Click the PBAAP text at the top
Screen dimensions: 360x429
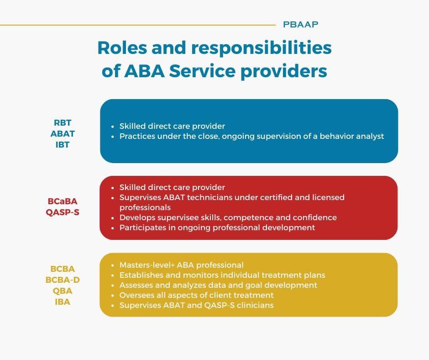300,25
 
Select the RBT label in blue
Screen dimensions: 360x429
63,123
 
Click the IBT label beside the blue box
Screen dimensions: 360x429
63,145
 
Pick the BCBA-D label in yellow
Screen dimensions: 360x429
63,280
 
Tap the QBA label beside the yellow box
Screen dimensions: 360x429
63,291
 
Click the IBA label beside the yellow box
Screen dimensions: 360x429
63,302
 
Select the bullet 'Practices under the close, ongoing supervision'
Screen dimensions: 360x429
251,136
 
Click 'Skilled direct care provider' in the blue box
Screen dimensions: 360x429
172,126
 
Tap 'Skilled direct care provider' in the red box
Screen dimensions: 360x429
172,187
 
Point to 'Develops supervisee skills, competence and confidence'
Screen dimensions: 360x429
228,217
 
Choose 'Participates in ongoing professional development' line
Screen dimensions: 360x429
217,228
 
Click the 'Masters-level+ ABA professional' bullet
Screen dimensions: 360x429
181,265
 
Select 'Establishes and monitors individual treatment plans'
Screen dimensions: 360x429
222,275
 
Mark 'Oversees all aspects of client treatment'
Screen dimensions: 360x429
196,295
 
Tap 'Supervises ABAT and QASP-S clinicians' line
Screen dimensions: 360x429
196,305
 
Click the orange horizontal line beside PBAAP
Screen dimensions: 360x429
137,25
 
